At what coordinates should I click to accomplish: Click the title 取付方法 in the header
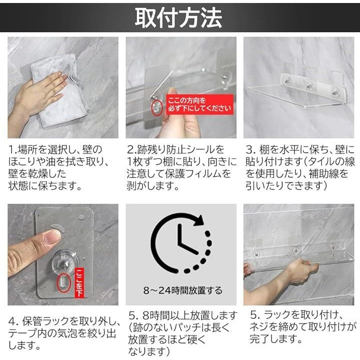[x=178, y=17]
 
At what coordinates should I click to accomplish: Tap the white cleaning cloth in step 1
[x=59, y=92]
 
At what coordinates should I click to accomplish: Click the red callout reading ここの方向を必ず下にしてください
[x=199, y=104]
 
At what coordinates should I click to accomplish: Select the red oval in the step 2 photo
[x=157, y=107]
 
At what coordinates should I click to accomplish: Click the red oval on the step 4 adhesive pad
[x=64, y=283]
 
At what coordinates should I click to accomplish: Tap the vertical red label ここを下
[x=79, y=282]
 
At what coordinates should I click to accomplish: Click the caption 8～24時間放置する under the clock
[x=183, y=290]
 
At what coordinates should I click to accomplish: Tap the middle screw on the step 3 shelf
[x=309, y=87]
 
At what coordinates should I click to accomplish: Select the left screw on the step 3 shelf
[x=286, y=81]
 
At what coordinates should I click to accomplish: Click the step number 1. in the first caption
[x=12, y=150]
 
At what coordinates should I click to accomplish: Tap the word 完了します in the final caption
[x=275, y=338]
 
